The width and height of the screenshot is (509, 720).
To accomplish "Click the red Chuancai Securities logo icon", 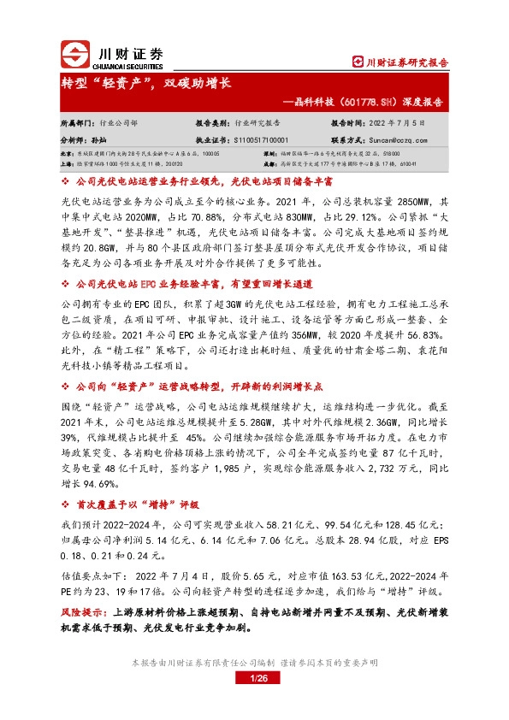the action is click(x=74, y=55).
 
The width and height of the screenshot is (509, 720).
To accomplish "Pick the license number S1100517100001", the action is click(x=254, y=138).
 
